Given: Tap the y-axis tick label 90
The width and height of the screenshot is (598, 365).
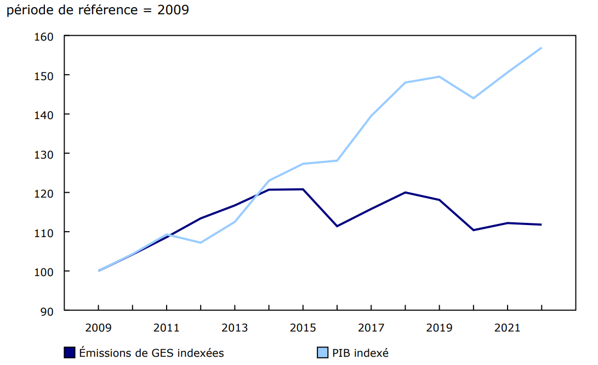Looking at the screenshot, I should coord(47,311).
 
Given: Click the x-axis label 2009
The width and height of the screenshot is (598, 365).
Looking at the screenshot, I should coord(99,328).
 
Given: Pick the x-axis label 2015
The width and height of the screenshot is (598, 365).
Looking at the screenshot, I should coord(303,328).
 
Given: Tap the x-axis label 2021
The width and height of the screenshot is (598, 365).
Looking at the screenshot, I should coord(508,328).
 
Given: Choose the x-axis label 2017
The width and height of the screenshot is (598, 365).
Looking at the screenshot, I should coord(371,328).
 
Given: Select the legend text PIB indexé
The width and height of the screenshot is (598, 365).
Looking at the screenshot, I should coord(360,353).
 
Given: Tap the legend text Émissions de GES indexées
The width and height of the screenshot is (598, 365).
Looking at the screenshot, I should coord(151,353).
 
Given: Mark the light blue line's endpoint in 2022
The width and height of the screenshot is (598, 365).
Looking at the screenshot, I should coord(542,48).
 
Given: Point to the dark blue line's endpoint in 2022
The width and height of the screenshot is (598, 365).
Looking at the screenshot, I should coord(542,224).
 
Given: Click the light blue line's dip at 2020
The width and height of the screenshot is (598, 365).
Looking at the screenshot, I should coord(473,98).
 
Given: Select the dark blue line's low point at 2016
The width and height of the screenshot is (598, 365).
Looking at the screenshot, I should coord(337,226).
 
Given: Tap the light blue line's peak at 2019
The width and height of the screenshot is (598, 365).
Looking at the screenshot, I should coord(439,76).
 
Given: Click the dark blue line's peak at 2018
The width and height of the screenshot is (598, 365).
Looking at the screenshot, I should coord(405,192).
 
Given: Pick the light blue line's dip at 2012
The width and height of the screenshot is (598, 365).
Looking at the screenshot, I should coord(201,243).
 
